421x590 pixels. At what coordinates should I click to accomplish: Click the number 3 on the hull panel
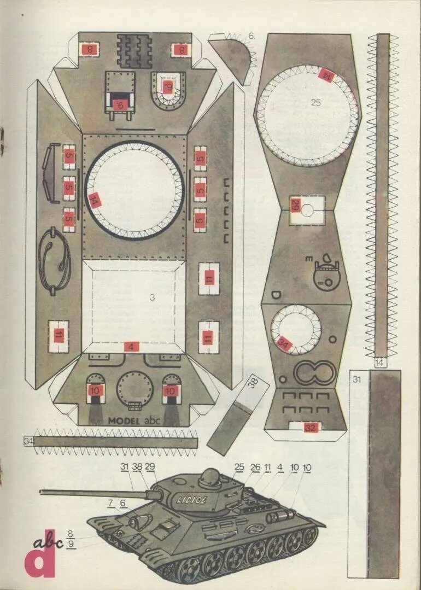click(x=153, y=297)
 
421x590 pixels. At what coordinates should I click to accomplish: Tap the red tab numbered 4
click(x=131, y=347)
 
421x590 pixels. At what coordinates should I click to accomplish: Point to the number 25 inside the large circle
click(x=315, y=102)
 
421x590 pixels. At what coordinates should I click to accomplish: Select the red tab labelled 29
click(x=296, y=206)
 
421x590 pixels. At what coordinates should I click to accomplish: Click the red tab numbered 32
click(x=311, y=428)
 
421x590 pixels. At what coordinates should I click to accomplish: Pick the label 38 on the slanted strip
click(x=253, y=383)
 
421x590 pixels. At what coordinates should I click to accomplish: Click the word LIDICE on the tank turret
click(x=192, y=500)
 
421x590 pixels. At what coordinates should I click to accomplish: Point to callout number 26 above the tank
click(x=255, y=467)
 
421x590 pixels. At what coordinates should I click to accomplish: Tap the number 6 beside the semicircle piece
click(x=252, y=36)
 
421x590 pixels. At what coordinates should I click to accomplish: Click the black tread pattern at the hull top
click(x=133, y=51)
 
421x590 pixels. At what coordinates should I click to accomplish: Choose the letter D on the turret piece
click(x=276, y=296)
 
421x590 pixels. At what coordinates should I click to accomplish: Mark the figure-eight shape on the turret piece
click(x=314, y=373)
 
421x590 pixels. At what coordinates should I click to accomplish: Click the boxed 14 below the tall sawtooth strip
click(x=381, y=363)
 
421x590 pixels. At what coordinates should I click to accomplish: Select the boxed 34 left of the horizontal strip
click(x=28, y=440)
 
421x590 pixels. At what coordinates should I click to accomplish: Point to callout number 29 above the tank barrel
click(x=150, y=466)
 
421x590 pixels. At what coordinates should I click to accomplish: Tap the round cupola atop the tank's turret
click(x=210, y=478)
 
